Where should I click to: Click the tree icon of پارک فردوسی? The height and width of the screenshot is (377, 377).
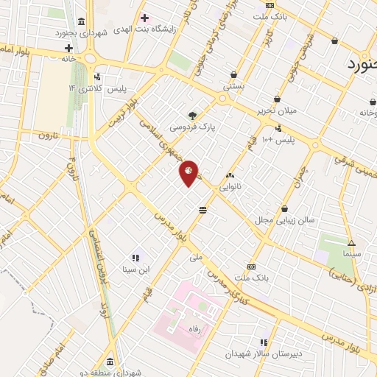pyautogui.click(x=193, y=115)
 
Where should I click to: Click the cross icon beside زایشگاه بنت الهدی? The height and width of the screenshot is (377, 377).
pyautogui.click(x=144, y=18)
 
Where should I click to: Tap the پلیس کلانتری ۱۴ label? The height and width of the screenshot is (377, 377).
pyautogui.click(x=98, y=88)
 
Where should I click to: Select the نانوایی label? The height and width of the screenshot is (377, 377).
pyautogui.click(x=239, y=187)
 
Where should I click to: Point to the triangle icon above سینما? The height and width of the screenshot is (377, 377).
pyautogui.click(x=351, y=242)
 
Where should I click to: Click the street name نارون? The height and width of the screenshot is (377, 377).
pyautogui.click(x=48, y=135)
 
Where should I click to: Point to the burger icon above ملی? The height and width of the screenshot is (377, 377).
pyautogui.click(x=202, y=211)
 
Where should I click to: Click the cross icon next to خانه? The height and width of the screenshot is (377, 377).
pyautogui.click(x=68, y=48)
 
